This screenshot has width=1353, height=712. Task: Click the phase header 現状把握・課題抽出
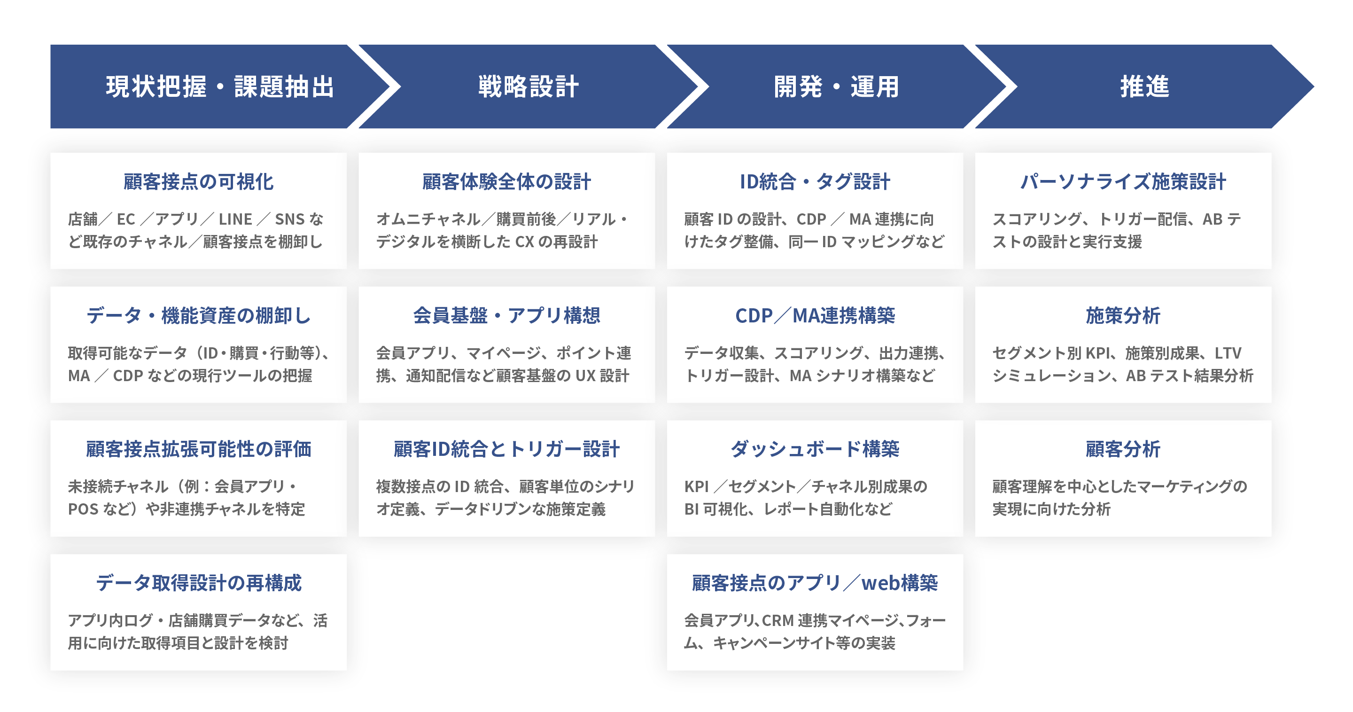[x=219, y=86]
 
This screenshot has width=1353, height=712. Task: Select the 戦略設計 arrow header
[x=529, y=86]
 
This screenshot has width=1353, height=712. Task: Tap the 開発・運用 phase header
[x=836, y=86]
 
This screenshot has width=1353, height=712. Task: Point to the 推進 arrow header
[x=1144, y=86]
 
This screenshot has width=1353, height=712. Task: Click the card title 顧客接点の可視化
[x=199, y=181]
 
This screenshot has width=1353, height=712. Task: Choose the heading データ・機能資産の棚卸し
[x=199, y=315]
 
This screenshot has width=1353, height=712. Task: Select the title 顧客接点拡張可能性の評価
[x=199, y=449]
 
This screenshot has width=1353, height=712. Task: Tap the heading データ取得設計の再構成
[x=199, y=583]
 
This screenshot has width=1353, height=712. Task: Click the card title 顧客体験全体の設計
[x=507, y=181]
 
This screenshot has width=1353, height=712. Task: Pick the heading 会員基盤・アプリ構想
[x=507, y=315]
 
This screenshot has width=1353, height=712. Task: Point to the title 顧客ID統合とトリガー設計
[x=507, y=449]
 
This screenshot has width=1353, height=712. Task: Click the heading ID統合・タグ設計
[x=815, y=181]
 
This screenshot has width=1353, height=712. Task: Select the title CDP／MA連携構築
[x=815, y=315]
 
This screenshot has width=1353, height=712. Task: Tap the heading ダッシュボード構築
[x=815, y=449]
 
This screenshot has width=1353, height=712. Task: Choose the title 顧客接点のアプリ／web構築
[x=815, y=583]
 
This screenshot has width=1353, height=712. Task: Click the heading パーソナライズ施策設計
[x=1123, y=181]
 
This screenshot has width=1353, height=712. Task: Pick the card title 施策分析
[x=1123, y=315]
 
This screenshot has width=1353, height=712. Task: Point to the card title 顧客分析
[x=1123, y=449]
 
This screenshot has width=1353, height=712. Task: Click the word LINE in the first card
[x=235, y=219]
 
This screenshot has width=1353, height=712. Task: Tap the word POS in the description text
[x=83, y=509]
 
